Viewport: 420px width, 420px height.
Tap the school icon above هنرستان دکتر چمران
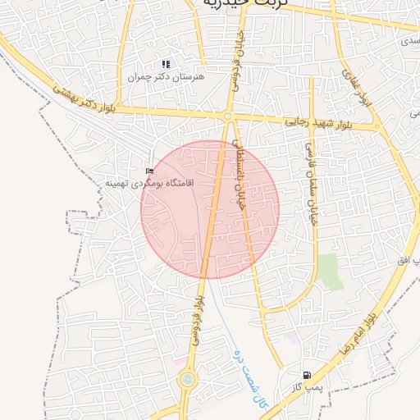[166, 64]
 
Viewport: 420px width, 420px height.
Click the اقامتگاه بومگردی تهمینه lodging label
[136, 182]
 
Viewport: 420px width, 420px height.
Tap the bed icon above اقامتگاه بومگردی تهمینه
[149, 171]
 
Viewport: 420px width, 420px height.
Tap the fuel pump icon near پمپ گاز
[307, 375]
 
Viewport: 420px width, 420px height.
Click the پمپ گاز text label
[311, 387]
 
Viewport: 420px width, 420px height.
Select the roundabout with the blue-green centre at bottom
[188, 380]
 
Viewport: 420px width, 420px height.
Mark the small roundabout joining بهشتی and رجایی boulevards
[226, 116]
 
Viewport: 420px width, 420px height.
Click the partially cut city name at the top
[246, 4]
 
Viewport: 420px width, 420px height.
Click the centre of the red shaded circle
[210, 210]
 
